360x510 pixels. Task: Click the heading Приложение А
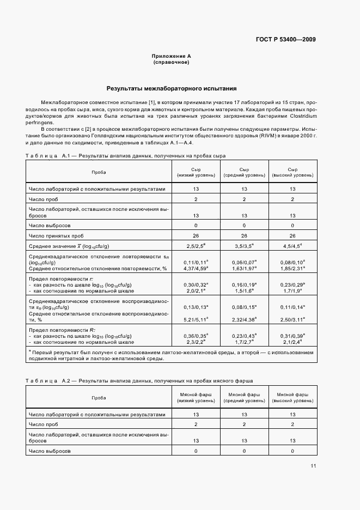coord(171,56)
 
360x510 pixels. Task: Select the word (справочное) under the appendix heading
coord(171,62)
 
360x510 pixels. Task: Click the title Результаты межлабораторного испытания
coord(171,88)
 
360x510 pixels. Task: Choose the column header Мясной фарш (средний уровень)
coord(244,397)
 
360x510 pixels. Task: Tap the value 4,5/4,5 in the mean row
coord(292,246)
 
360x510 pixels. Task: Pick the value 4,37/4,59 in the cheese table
coord(195,268)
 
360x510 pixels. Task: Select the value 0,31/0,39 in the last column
coord(292,336)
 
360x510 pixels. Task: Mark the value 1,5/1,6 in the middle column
coord(244,291)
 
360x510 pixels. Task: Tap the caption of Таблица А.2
coord(139,380)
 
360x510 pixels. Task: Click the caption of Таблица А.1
coord(125,156)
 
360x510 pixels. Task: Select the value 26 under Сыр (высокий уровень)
coord(292,235)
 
